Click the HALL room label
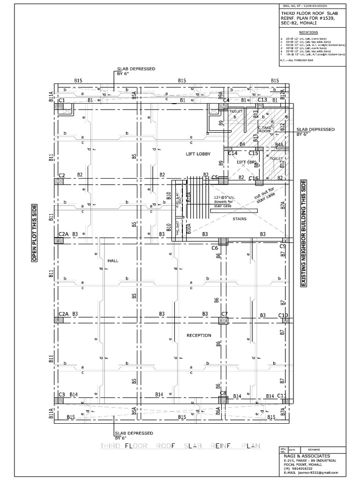click(x=113, y=260)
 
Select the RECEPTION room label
click(x=199, y=335)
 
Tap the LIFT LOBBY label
click(x=198, y=154)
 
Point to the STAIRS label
click(x=240, y=218)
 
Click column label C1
click(x=61, y=100)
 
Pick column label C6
click(x=215, y=247)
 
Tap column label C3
click(x=61, y=395)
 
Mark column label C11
click(x=282, y=396)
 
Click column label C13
click(x=262, y=100)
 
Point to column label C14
click(x=233, y=153)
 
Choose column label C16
click(x=253, y=178)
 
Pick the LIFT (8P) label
click(x=247, y=162)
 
